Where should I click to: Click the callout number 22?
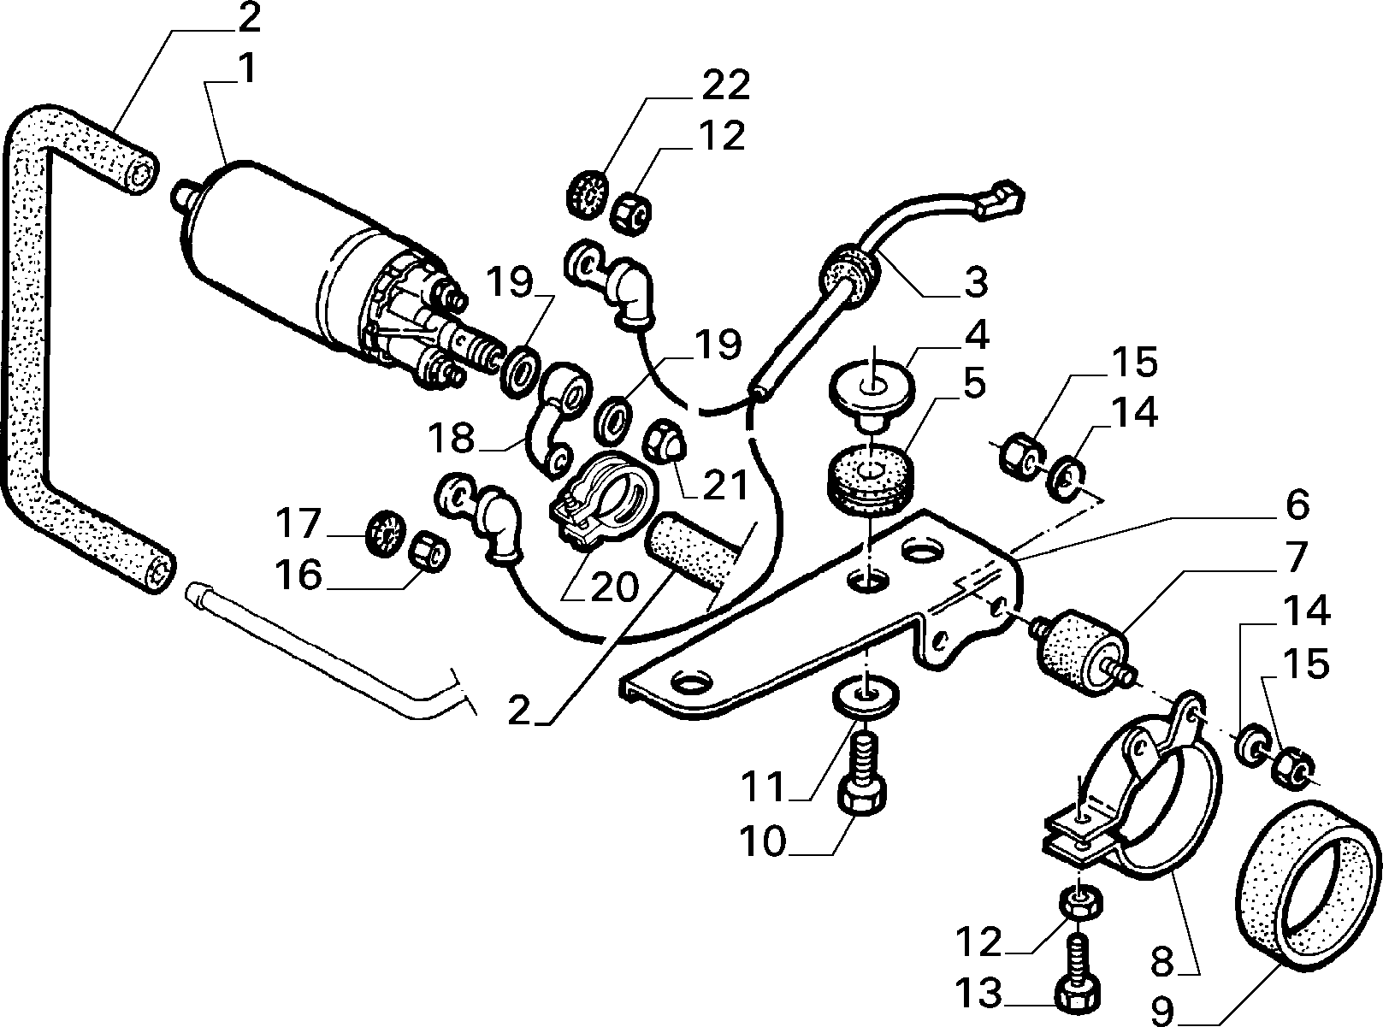pyautogui.click(x=725, y=85)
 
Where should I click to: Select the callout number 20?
pyautogui.click(x=614, y=587)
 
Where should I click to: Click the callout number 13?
pyautogui.click(x=980, y=993)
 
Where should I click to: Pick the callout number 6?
pyautogui.click(x=1297, y=505)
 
